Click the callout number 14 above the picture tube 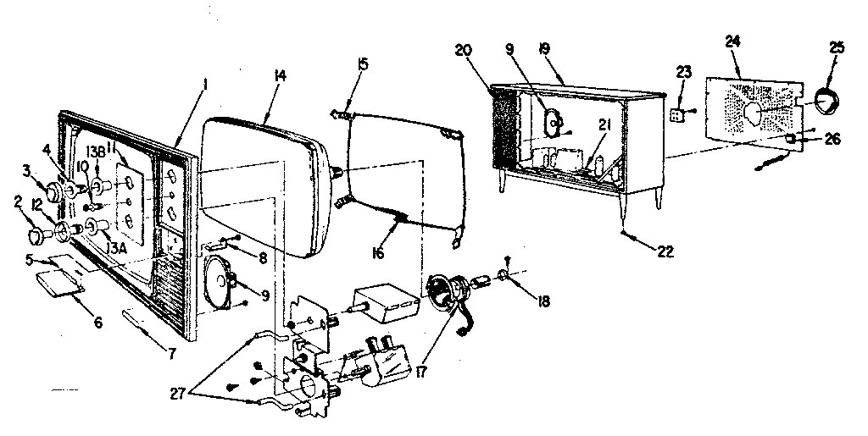280,76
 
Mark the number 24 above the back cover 733,40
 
